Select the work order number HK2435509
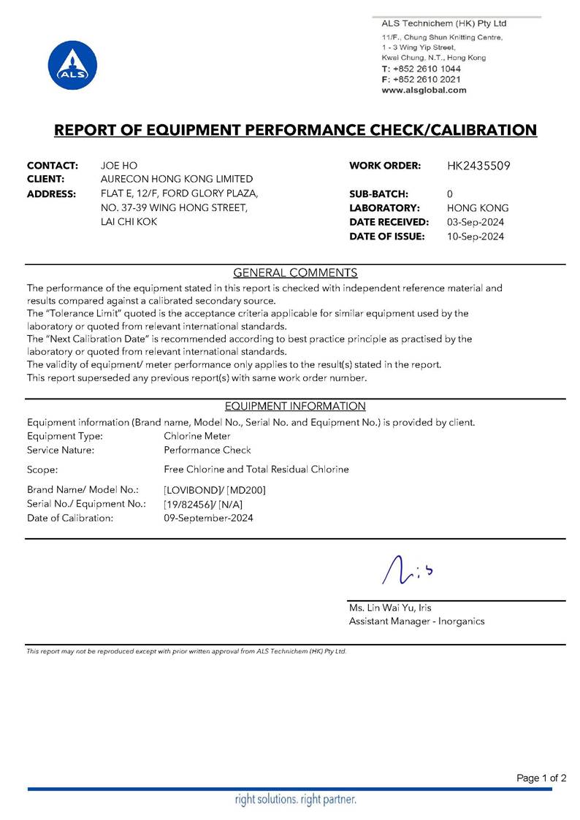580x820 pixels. (478, 166)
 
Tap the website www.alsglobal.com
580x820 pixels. (424, 91)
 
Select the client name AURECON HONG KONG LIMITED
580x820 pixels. (176, 180)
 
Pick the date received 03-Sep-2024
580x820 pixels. (476, 222)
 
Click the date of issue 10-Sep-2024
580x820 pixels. (476, 236)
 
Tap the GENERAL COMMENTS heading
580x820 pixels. (295, 273)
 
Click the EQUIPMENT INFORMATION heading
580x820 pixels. (295, 406)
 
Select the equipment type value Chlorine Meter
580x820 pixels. (197, 436)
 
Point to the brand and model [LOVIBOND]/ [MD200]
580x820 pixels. (215, 490)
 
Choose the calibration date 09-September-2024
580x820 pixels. (209, 518)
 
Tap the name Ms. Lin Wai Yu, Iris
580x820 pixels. (394, 608)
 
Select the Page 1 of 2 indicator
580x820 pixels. (541, 778)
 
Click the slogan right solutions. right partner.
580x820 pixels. (295, 800)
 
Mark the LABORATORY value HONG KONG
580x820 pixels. (478, 208)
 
